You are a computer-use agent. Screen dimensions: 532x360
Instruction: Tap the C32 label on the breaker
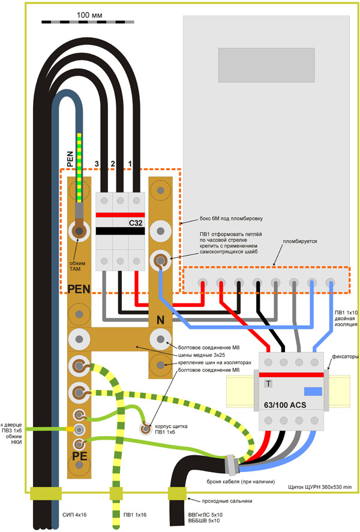click(x=136, y=223)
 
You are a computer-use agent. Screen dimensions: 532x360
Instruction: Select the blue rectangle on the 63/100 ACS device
click(x=313, y=392)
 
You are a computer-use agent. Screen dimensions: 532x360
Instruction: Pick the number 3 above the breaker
click(x=96, y=164)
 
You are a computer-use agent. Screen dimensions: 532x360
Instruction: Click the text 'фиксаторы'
click(x=344, y=356)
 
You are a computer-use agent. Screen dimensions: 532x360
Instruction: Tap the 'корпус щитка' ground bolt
click(x=146, y=428)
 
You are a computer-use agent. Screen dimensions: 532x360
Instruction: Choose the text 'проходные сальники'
click(x=222, y=500)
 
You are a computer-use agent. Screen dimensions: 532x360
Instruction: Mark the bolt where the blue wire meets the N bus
click(x=160, y=260)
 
